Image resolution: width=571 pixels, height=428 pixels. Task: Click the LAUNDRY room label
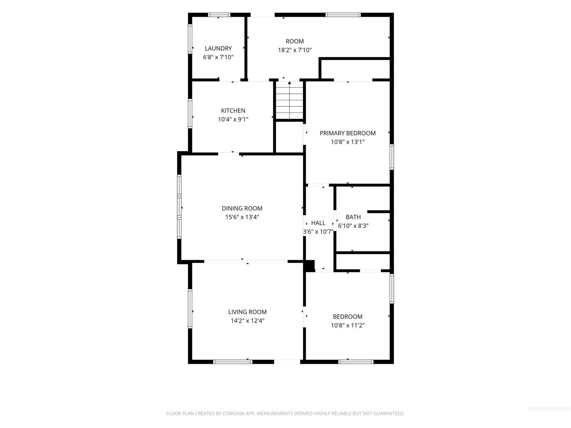pos(218,48)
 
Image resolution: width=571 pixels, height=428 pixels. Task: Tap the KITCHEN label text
pos(233,111)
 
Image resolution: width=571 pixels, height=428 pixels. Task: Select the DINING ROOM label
pos(241,208)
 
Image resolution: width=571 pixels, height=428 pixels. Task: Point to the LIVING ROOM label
pos(247,312)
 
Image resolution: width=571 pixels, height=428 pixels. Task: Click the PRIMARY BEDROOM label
pos(347,133)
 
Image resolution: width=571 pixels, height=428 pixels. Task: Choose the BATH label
pos(353,217)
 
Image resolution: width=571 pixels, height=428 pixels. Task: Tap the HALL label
pos(318,223)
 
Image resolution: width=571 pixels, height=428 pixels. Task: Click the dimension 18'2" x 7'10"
pos(295,50)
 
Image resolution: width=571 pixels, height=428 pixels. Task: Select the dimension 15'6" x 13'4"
pos(241,217)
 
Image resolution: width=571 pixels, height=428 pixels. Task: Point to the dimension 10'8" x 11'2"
pos(347,325)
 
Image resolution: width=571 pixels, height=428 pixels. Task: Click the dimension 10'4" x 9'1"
pos(233,119)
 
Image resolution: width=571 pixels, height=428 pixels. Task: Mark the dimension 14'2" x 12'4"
pos(247,321)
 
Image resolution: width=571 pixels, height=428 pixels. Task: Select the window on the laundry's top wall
pos(219,15)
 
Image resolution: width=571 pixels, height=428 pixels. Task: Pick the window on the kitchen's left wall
pos(190,114)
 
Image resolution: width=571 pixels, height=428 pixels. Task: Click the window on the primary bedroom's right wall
pos(391,157)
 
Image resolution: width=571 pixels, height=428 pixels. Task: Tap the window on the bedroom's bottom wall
pos(355,362)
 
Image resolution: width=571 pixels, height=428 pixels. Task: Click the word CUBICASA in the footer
pos(233,413)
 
